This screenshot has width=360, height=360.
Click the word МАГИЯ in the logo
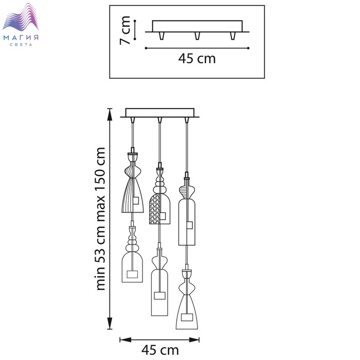coord(21,38)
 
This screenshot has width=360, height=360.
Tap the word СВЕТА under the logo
coord(21,45)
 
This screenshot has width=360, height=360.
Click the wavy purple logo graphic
coord(21,17)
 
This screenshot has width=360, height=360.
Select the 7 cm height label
coord(125,30)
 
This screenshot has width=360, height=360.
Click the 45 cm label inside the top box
coord(197,59)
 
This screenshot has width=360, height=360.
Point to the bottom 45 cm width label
coord(160,350)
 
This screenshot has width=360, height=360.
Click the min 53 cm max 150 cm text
coord(101,219)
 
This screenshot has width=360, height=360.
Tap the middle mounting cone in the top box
coord(197,36)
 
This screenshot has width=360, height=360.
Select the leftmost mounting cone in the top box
coord(161,36)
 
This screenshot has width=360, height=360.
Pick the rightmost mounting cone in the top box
coord(233,36)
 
